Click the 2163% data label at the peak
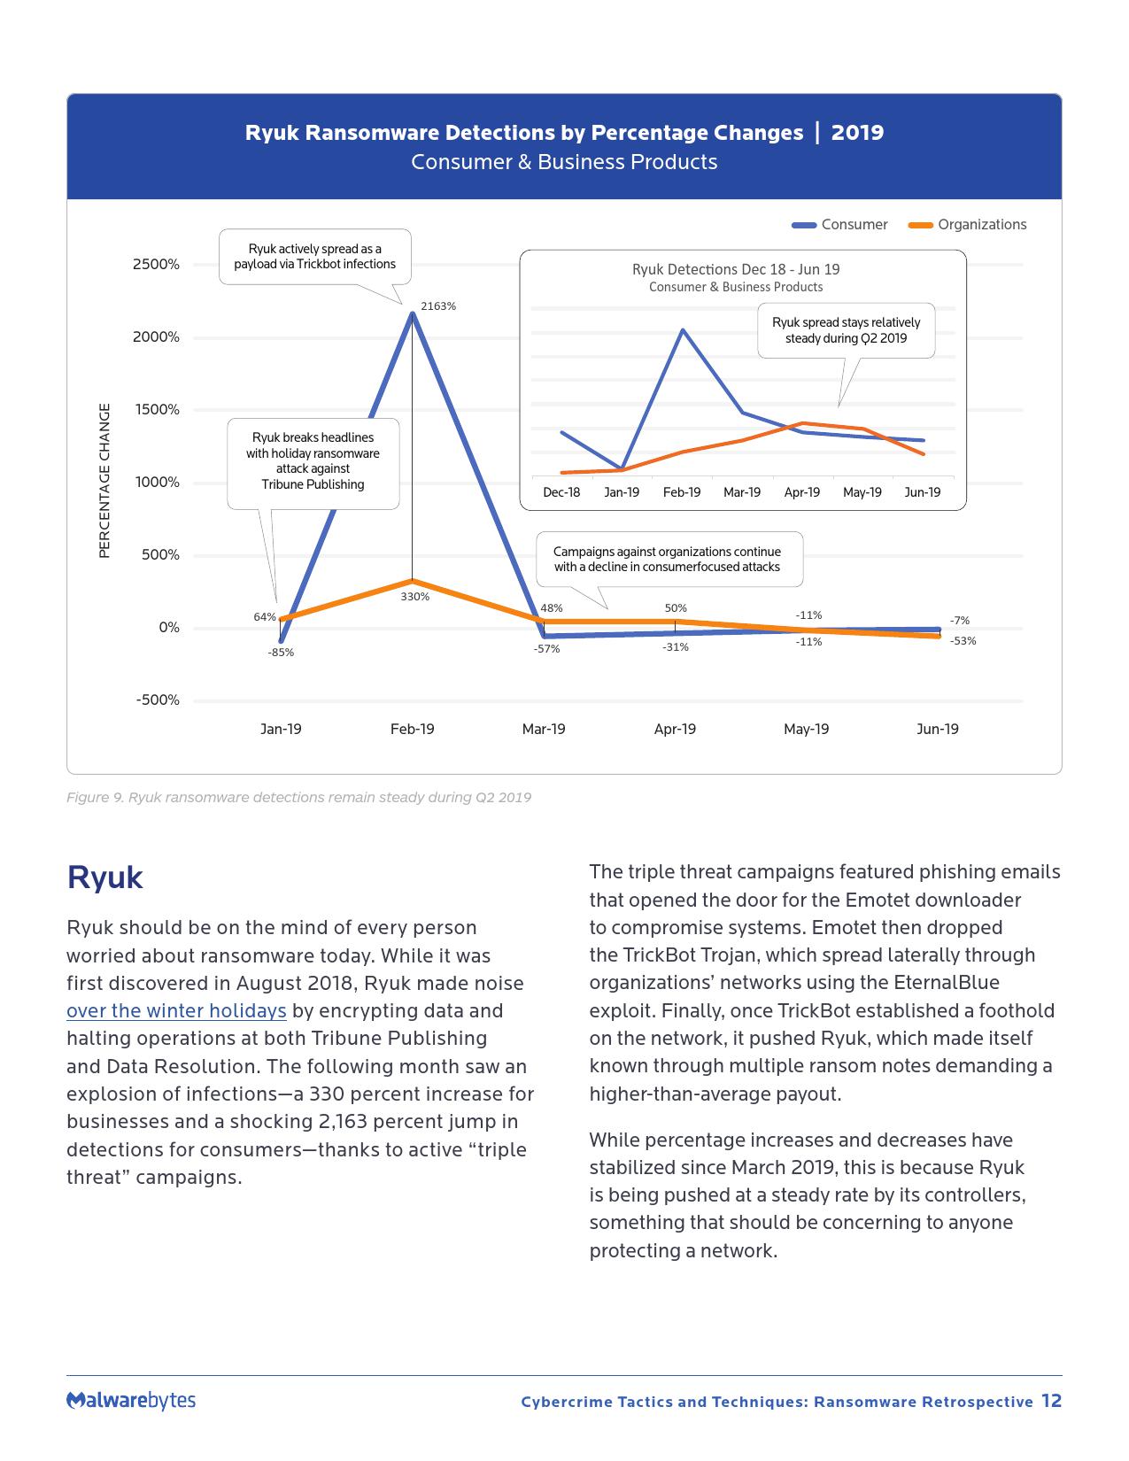tap(438, 306)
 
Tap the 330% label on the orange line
tap(414, 597)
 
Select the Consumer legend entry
tap(840, 225)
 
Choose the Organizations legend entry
tap(969, 225)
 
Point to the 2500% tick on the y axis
tap(156, 265)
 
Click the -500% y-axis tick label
tap(158, 700)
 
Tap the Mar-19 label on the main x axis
tap(544, 730)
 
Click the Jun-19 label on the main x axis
tap(937, 730)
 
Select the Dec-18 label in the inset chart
tap(561, 492)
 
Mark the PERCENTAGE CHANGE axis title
tap(104, 481)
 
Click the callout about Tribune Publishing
tap(313, 461)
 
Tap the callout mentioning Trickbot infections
tap(314, 257)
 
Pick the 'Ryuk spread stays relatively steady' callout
tap(846, 330)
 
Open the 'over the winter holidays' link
tap(176, 1011)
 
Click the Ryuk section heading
tap(104, 877)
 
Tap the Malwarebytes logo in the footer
tap(131, 1401)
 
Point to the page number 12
tap(1051, 1401)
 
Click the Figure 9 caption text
tap(298, 798)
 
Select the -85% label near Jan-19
tap(281, 653)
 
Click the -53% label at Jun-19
tap(963, 641)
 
